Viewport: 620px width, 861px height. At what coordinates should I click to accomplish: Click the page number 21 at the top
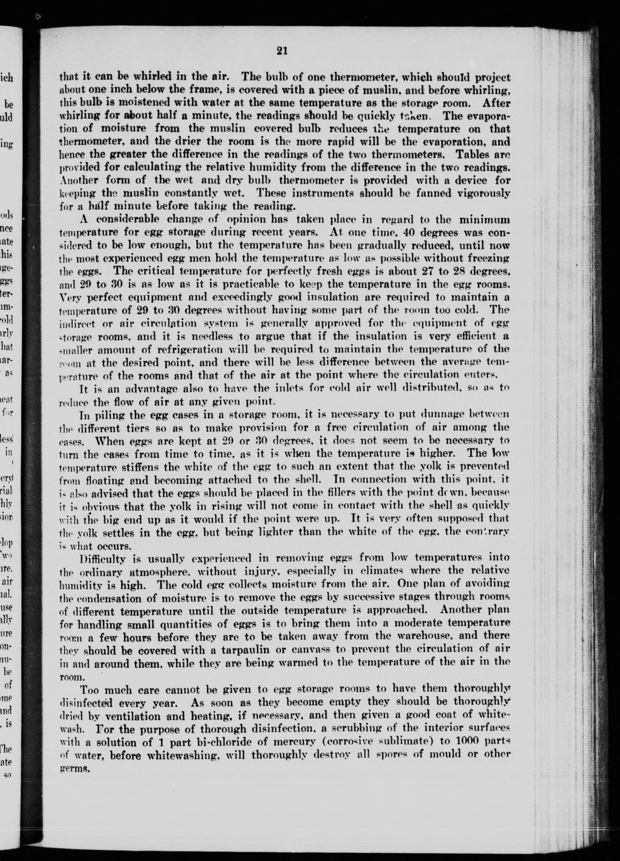(x=282, y=51)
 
